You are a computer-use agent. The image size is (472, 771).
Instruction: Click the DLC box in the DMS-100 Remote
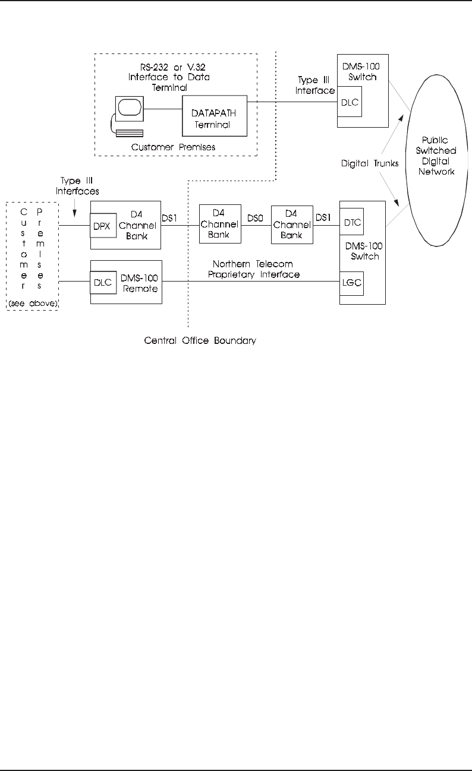(x=102, y=282)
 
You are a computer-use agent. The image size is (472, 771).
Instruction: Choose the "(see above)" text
(x=32, y=305)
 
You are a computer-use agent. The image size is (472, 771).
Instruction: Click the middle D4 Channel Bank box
(x=220, y=223)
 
